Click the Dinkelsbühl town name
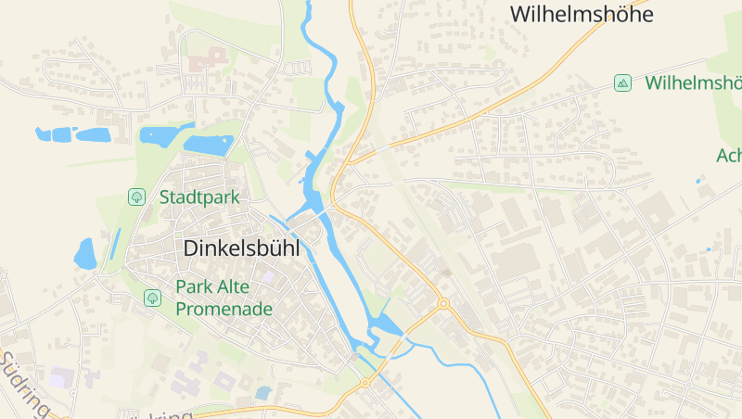click(x=248, y=248)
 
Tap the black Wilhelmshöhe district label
click(x=582, y=14)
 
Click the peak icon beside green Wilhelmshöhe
click(x=622, y=83)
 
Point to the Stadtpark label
click(x=199, y=197)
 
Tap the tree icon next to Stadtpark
click(x=136, y=197)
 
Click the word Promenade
click(x=224, y=309)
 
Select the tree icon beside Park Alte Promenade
click(x=152, y=298)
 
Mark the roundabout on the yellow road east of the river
click(x=443, y=303)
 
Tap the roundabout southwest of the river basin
click(x=365, y=382)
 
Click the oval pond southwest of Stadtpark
click(x=85, y=254)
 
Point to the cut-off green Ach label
click(x=729, y=156)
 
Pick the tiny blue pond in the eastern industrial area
click(x=709, y=248)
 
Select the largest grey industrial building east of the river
click(x=516, y=263)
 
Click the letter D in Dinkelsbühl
click(x=192, y=248)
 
